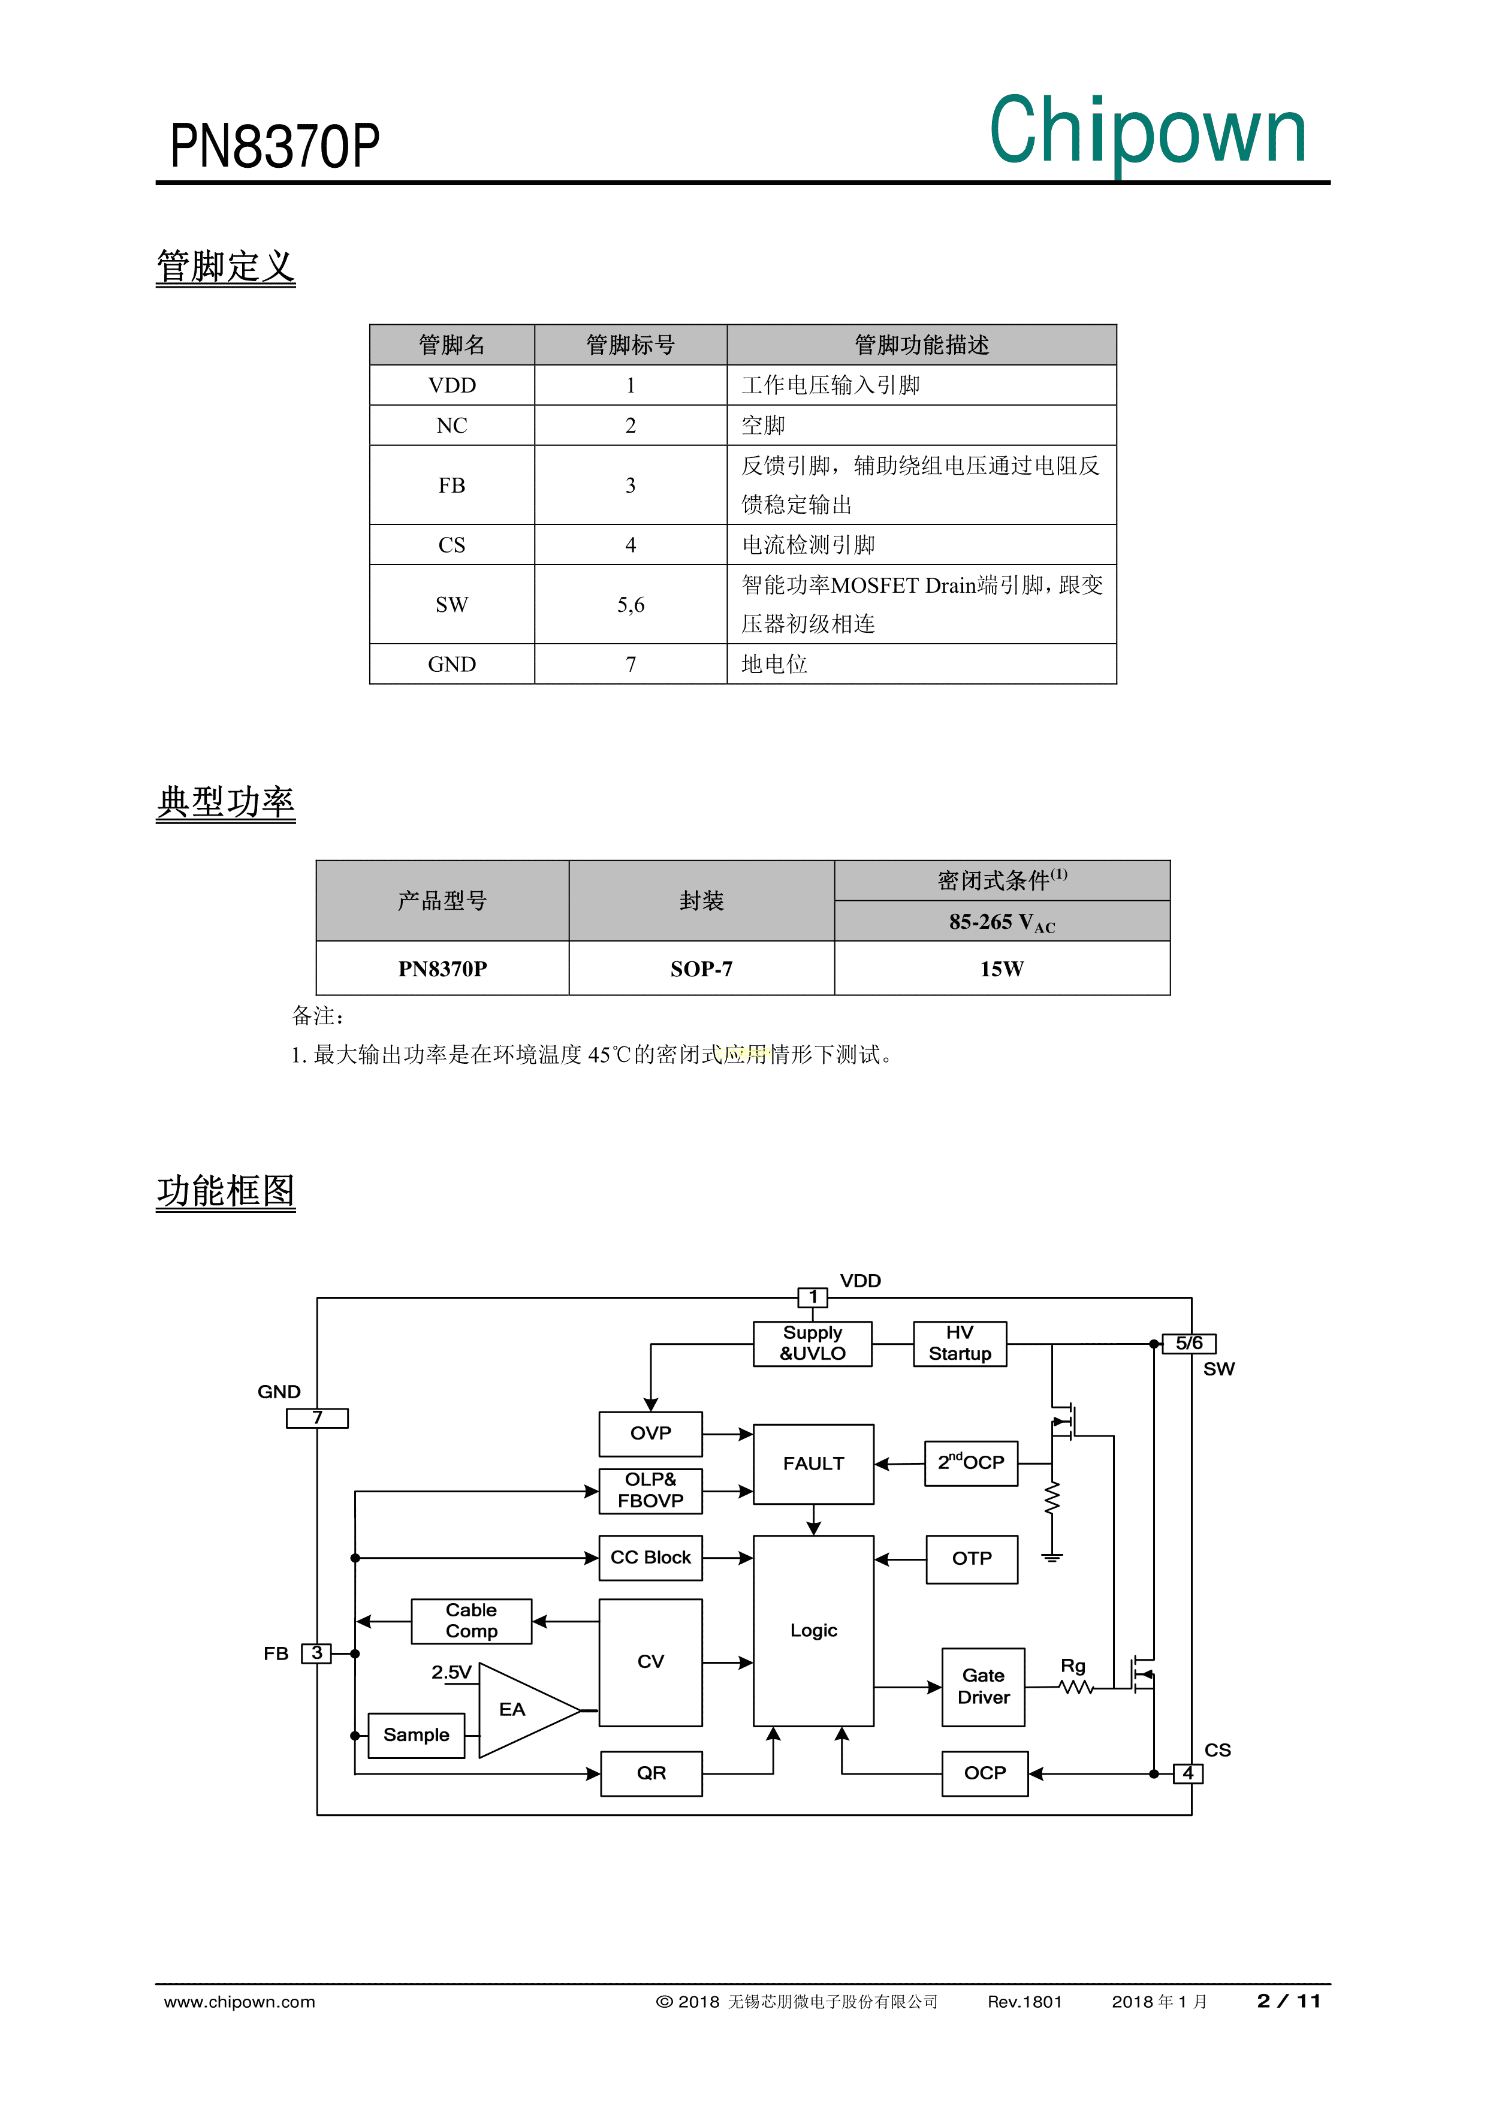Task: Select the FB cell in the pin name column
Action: (x=452, y=485)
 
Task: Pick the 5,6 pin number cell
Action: (x=631, y=605)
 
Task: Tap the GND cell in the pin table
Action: (x=452, y=664)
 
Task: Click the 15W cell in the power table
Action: (x=1002, y=969)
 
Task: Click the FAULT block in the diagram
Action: (x=813, y=1464)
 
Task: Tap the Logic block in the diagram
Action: (x=813, y=1630)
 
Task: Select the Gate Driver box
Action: (x=983, y=1686)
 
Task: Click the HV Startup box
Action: (x=959, y=1343)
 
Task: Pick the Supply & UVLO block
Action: (x=813, y=1343)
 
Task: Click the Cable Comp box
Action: (x=472, y=1621)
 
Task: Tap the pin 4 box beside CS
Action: (x=1189, y=1773)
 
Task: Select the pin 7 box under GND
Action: (x=317, y=1418)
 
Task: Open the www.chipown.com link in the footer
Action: (x=239, y=2001)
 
